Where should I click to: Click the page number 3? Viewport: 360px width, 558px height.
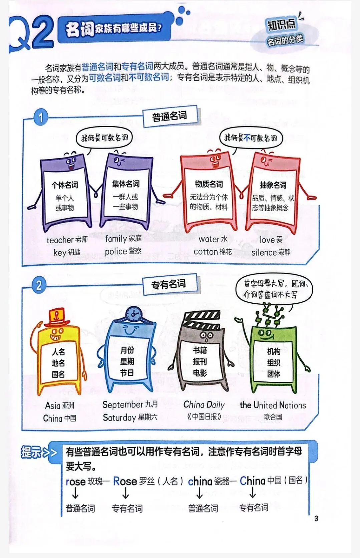pyautogui.click(x=316, y=518)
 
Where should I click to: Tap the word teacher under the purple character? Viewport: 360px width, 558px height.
pyautogui.click(x=60, y=240)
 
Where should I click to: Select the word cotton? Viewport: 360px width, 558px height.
pyautogui.click(x=206, y=252)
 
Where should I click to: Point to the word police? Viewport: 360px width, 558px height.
pyautogui.click(x=116, y=251)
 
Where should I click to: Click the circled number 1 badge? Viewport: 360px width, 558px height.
pyautogui.click(x=41, y=117)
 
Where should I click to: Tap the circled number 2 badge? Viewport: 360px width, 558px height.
pyautogui.click(x=39, y=286)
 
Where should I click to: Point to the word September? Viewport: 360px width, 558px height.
pyautogui.click(x=123, y=404)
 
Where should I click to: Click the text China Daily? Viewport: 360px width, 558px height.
pyautogui.click(x=204, y=405)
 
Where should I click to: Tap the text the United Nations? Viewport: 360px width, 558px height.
pyautogui.click(x=273, y=405)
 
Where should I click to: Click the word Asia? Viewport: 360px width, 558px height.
pyautogui.click(x=53, y=405)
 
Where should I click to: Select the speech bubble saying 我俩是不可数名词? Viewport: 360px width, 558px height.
pyautogui.click(x=251, y=138)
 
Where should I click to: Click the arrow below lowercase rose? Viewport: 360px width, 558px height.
pyautogui.click(x=75, y=493)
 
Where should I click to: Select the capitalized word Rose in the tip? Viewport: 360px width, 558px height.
pyautogui.click(x=125, y=481)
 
